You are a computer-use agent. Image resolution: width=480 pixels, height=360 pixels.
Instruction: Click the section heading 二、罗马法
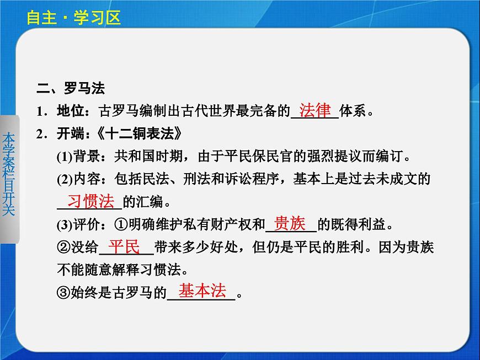(70, 89)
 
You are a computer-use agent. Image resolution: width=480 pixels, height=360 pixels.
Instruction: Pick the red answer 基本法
(202, 291)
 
